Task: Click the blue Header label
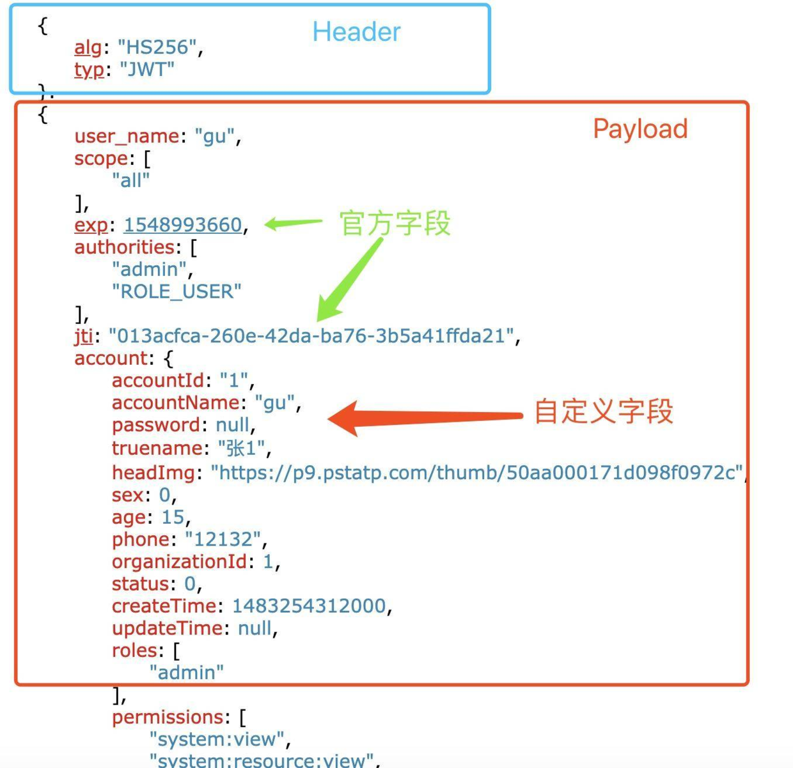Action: tap(356, 32)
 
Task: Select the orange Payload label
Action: tap(640, 129)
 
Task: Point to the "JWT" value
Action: tap(147, 69)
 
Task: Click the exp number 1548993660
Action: tap(183, 225)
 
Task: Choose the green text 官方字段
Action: tap(395, 224)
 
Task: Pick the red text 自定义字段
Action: tap(603, 411)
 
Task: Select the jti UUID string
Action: tap(311, 335)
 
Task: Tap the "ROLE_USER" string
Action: tap(177, 291)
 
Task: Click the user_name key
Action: tap(127, 136)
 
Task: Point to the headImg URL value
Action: tap(477, 472)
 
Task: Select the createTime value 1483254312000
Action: tap(309, 606)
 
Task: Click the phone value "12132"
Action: tap(223, 539)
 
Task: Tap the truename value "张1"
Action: tap(241, 448)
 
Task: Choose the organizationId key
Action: tap(179, 562)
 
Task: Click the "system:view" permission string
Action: tap(217, 739)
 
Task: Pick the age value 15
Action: tap(173, 517)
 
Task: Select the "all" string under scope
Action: tap(131, 180)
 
